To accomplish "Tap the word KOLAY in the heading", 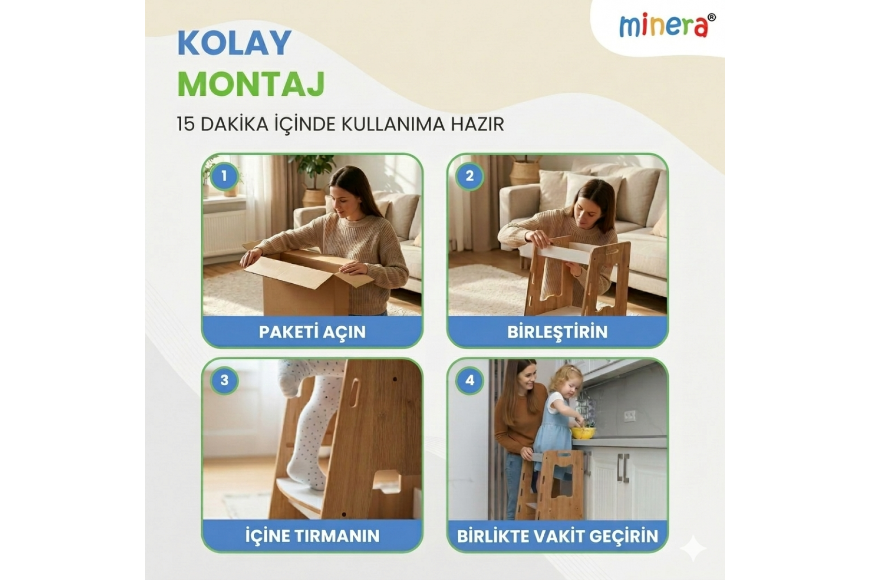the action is click(234, 43).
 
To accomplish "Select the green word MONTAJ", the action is click(251, 85).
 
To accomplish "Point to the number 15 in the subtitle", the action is click(186, 124).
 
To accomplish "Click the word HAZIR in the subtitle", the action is click(477, 124).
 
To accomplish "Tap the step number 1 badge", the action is click(224, 175).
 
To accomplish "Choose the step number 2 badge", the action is click(469, 175).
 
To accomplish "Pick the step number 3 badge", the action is click(224, 380).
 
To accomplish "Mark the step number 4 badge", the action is click(469, 380).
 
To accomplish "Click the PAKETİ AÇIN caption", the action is click(312, 332).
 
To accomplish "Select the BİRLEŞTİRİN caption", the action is click(557, 332).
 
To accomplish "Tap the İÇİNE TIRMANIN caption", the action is click(312, 536).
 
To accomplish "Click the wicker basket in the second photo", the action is click(526, 172).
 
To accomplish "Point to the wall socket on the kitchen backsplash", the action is click(629, 415).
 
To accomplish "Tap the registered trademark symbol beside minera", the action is click(712, 17).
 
